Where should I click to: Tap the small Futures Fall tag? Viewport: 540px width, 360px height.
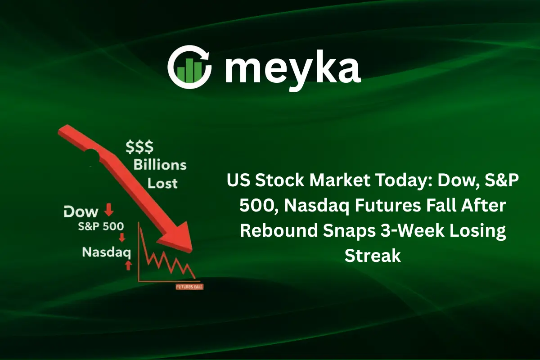click(x=188, y=286)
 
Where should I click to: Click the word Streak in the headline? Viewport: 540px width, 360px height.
click(x=373, y=256)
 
